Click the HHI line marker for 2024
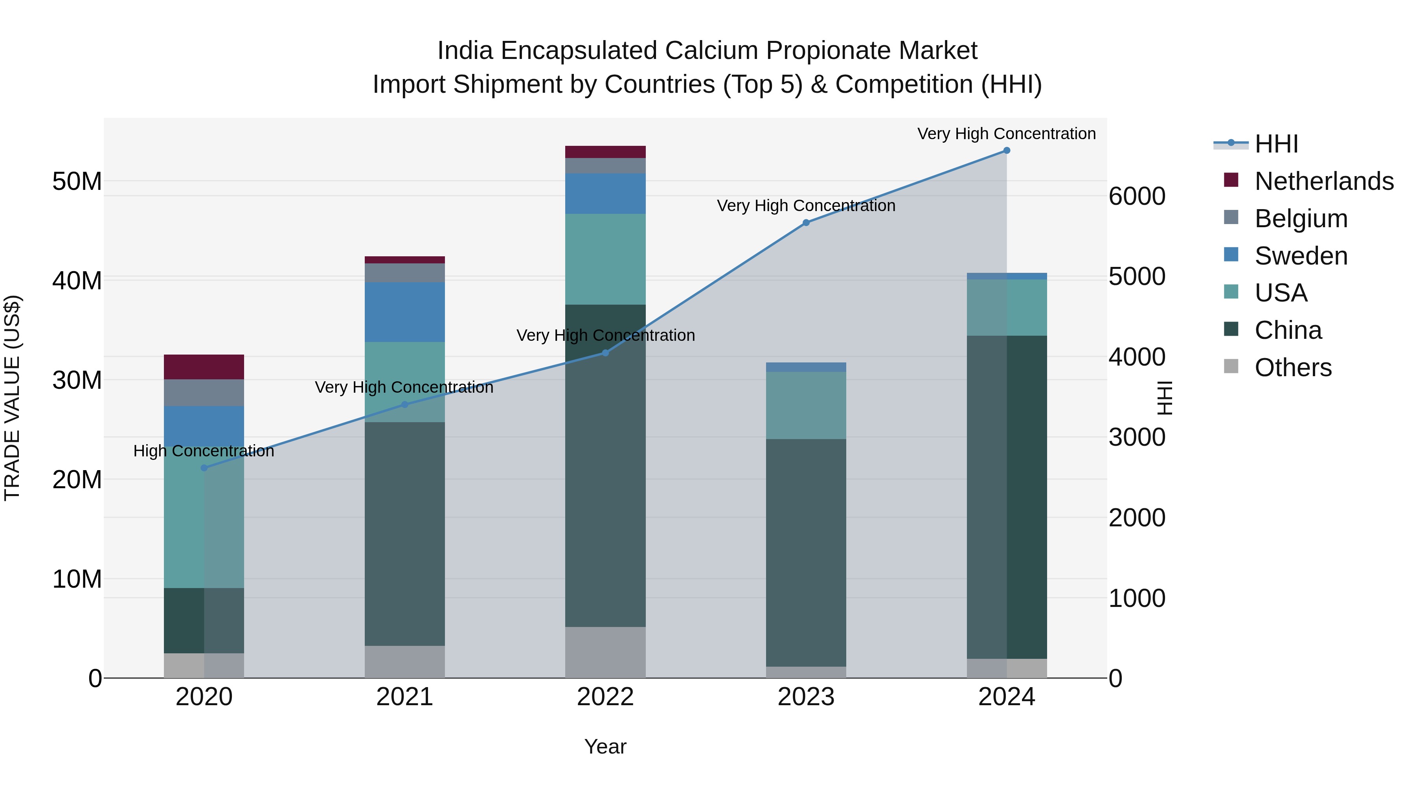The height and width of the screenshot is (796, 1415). click(1006, 151)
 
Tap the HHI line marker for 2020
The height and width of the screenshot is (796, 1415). click(204, 468)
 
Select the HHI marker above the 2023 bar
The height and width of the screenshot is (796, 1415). click(806, 222)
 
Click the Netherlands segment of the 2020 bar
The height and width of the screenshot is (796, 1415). click(204, 367)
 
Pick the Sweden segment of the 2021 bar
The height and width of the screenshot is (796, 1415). click(404, 312)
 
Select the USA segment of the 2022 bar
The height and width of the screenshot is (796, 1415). click(605, 259)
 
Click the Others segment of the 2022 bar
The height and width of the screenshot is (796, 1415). click(605, 652)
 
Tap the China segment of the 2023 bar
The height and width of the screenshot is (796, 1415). click(806, 552)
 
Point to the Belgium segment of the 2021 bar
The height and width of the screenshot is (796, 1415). click(404, 273)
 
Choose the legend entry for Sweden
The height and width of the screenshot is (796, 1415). click(1301, 256)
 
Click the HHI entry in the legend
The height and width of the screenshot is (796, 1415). click(1276, 144)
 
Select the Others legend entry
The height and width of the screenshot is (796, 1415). click(1292, 368)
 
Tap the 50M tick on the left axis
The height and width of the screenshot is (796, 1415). click(77, 181)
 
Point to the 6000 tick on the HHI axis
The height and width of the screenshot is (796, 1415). click(1136, 196)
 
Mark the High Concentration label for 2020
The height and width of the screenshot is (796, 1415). click(204, 451)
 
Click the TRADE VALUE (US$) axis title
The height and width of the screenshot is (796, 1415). click(12, 398)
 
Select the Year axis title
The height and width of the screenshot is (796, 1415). click(605, 746)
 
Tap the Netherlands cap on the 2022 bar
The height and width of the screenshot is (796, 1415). click(605, 152)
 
